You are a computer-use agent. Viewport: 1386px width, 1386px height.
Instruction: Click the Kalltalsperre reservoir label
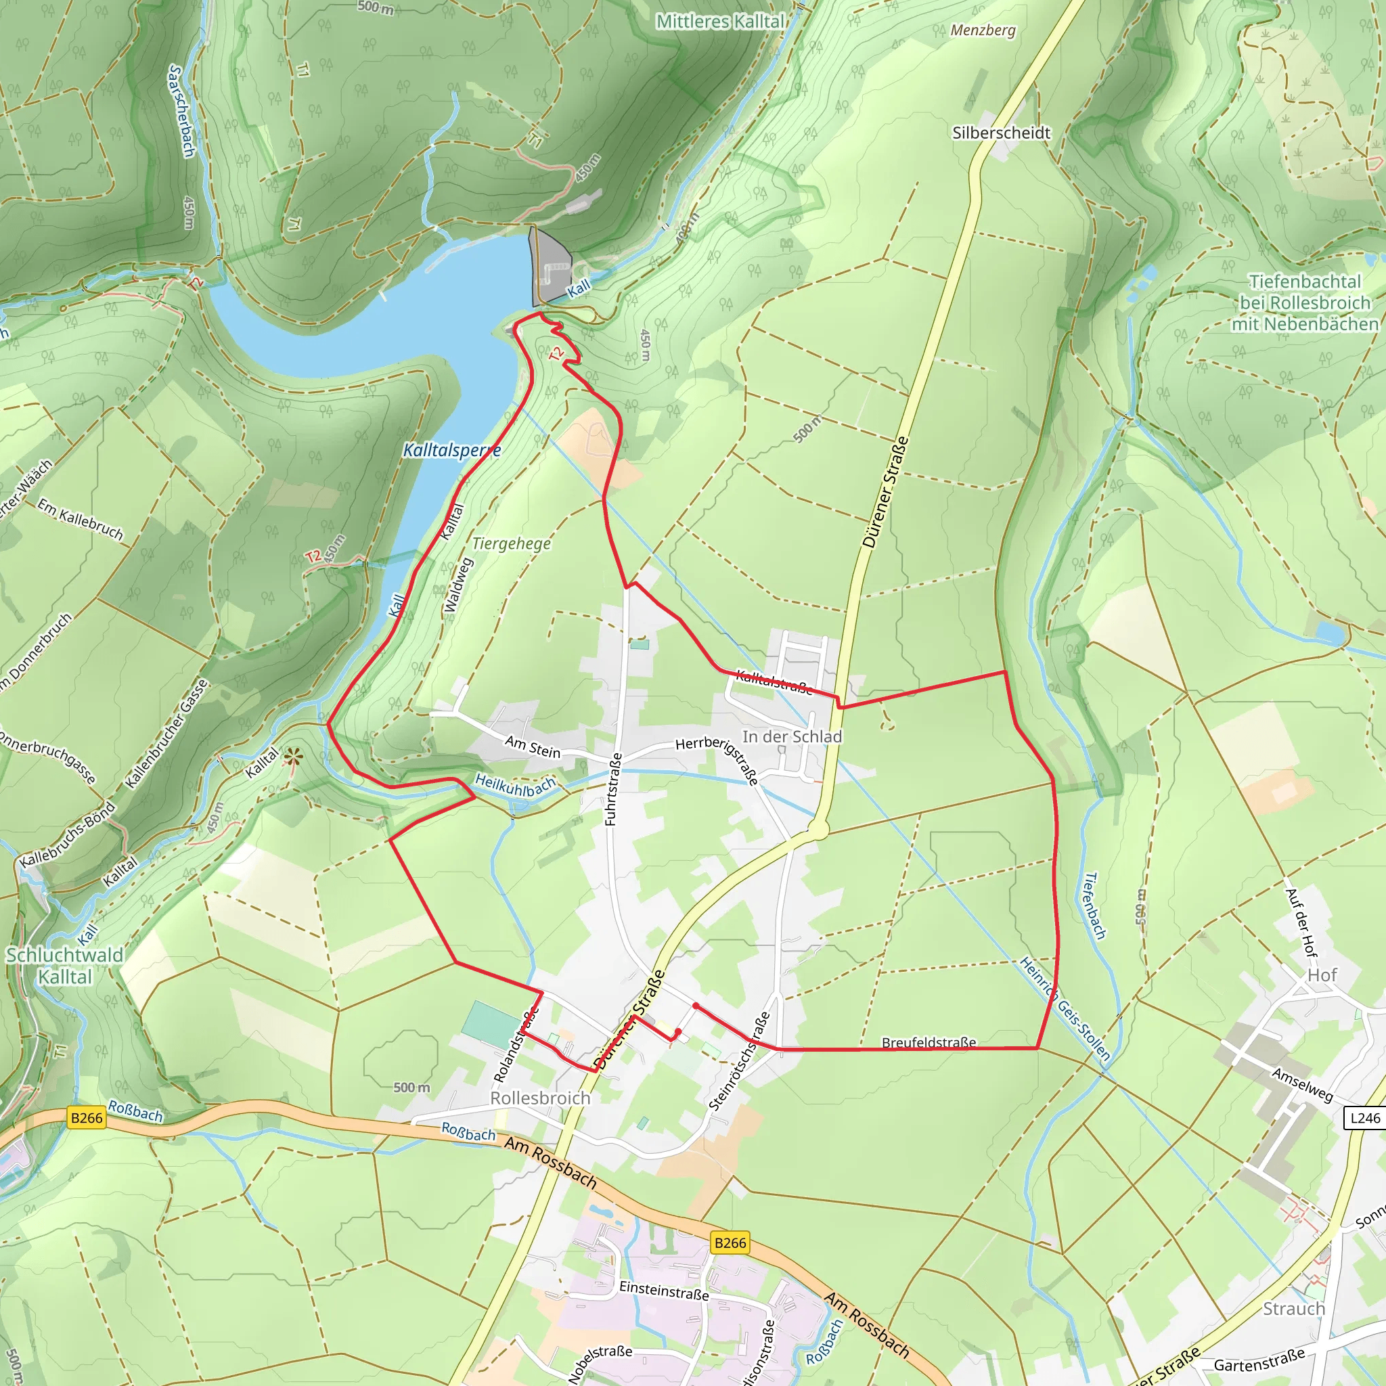[452, 451]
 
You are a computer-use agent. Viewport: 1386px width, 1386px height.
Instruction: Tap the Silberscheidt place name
[1001, 133]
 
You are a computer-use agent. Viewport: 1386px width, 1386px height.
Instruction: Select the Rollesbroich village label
[540, 1098]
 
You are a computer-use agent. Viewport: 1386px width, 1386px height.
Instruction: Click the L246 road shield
[1364, 1118]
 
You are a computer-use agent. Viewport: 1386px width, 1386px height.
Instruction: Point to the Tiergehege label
[512, 544]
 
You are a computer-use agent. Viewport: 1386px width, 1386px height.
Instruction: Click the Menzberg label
[983, 30]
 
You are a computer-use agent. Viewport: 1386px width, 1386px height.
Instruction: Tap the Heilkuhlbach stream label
[515, 786]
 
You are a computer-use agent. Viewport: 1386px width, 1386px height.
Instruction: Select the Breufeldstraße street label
[929, 1042]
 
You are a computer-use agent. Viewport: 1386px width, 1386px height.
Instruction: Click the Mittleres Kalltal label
[720, 22]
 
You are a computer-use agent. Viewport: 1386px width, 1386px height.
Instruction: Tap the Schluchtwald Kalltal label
[64, 966]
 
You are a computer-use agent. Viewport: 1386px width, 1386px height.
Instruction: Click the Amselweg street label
[1302, 1085]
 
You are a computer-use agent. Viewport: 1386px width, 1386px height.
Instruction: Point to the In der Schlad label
[792, 737]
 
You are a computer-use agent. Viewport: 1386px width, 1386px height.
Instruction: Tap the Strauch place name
[1293, 1309]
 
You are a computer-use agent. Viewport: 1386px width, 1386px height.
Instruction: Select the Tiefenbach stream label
[1094, 906]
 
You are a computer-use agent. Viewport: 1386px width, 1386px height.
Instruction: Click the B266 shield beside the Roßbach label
[87, 1118]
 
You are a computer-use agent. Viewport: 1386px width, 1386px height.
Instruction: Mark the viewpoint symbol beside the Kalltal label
[292, 755]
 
